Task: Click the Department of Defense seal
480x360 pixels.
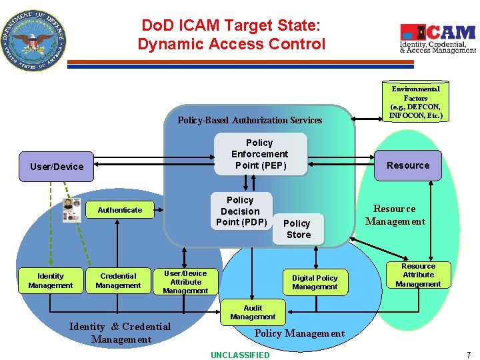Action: click(34, 41)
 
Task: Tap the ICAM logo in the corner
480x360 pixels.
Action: click(437, 39)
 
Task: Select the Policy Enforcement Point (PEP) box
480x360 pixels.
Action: click(259, 154)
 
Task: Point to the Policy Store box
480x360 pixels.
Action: click(297, 229)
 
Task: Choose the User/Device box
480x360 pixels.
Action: click(57, 167)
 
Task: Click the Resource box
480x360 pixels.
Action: click(408, 165)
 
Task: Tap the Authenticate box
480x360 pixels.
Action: click(120, 210)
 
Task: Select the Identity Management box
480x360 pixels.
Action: click(51, 281)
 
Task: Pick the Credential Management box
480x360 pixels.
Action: click(118, 281)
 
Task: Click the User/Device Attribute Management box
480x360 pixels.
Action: click(185, 281)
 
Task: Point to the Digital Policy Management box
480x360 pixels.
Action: click(315, 282)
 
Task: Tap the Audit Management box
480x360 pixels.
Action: click(253, 312)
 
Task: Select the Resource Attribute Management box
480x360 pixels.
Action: click(418, 275)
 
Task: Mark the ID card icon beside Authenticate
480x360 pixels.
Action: click(70, 209)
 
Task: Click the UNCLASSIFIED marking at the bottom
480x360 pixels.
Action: click(240, 355)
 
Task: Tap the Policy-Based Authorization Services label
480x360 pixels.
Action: click(249, 120)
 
